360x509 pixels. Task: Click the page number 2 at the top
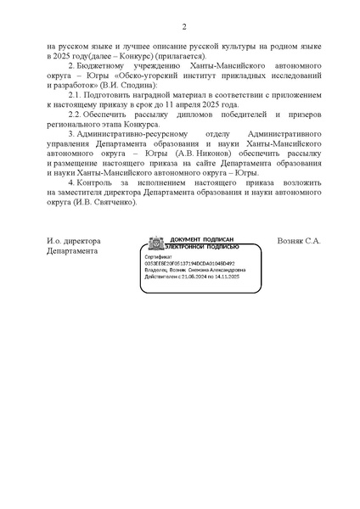pos(183,26)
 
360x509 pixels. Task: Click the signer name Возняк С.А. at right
pos(299,241)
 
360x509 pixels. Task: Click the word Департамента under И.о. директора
pos(73,252)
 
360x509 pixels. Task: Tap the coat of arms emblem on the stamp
pos(157,243)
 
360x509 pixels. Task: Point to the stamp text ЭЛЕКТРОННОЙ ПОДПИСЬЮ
pos(205,247)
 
